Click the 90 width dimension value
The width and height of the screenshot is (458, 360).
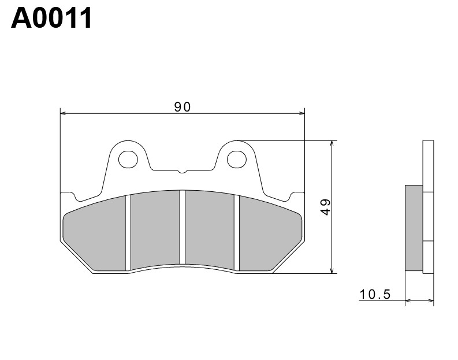[x=182, y=106]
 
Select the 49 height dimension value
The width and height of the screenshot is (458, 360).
[x=325, y=207]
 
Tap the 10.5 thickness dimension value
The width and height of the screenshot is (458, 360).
[x=375, y=295]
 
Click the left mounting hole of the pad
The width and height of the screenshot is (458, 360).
[x=128, y=158]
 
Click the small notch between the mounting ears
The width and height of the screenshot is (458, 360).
[x=182, y=171]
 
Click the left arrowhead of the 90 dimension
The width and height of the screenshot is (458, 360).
[x=64, y=114]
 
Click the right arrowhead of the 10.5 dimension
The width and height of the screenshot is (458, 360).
[x=430, y=301]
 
